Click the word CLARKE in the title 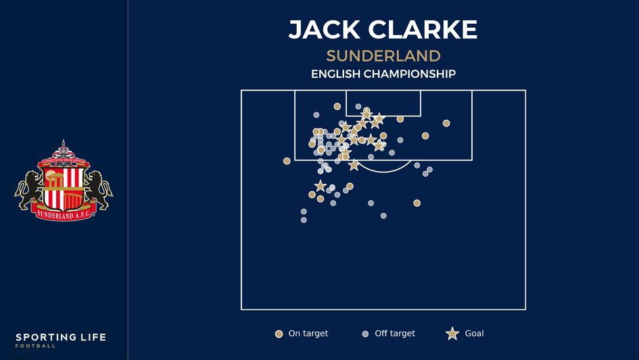click(423, 30)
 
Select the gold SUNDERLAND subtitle click(383, 56)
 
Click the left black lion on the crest click(28, 189)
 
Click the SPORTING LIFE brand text click(61, 337)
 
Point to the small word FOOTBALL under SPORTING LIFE click(36, 346)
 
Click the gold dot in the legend click(279, 334)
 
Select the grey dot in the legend click(365, 334)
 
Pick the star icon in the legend click(452, 334)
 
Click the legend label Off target click(395, 334)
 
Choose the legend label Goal click(474, 334)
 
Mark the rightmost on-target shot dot click(446, 123)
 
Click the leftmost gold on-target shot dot click(287, 161)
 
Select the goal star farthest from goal click(320, 186)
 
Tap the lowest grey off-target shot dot click(304, 220)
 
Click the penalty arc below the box click(383, 171)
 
